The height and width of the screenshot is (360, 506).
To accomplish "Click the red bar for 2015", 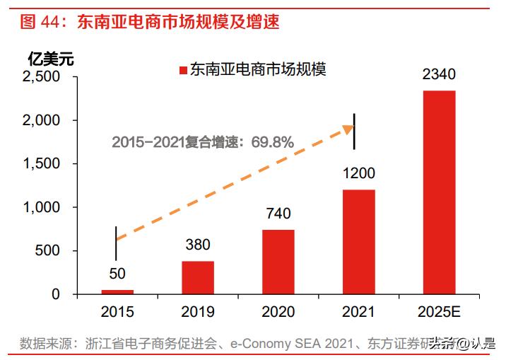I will point(117,291).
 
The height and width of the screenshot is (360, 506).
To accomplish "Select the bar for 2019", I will point(197,277).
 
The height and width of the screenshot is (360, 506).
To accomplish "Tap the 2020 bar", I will point(278,262).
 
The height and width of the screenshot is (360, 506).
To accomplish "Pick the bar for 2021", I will point(358,241).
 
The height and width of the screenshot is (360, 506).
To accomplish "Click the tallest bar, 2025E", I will point(439,192).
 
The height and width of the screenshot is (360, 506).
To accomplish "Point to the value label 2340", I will point(439,74).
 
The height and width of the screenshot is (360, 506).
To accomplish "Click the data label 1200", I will point(358,173).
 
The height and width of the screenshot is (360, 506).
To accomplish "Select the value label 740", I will point(278,214).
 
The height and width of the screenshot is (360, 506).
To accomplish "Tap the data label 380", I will point(197,245).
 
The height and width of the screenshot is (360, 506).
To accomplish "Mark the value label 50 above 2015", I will point(117,274).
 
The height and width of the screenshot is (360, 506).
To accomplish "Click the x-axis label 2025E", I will point(439,311).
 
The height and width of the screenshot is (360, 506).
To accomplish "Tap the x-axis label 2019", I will point(197,311).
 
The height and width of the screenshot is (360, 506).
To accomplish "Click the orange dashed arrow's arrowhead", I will point(348,128).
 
